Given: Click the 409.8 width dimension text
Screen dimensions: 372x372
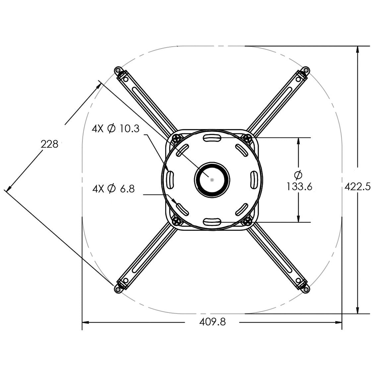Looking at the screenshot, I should coord(212,322).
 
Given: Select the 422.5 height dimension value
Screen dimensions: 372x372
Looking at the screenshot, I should coord(357,186).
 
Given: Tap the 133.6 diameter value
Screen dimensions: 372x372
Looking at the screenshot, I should coord(299,187).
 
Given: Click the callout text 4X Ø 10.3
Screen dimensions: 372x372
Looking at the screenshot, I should coord(115,128).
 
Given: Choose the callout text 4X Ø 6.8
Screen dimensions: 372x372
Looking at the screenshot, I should coord(113,189).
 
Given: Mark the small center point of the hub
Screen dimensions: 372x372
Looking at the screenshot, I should coord(212,179).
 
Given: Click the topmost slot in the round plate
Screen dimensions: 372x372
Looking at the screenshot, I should coord(212,138).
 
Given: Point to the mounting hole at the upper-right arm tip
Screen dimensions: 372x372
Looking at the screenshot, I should coord(306,70).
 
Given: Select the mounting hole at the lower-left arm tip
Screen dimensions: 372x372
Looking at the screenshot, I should coord(117,289).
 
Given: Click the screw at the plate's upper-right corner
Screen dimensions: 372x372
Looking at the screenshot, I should coord(246,138).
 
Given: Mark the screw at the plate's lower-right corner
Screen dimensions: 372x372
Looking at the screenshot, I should coord(246,221).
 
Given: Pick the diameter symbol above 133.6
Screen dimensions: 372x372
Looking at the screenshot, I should coord(299,174).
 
